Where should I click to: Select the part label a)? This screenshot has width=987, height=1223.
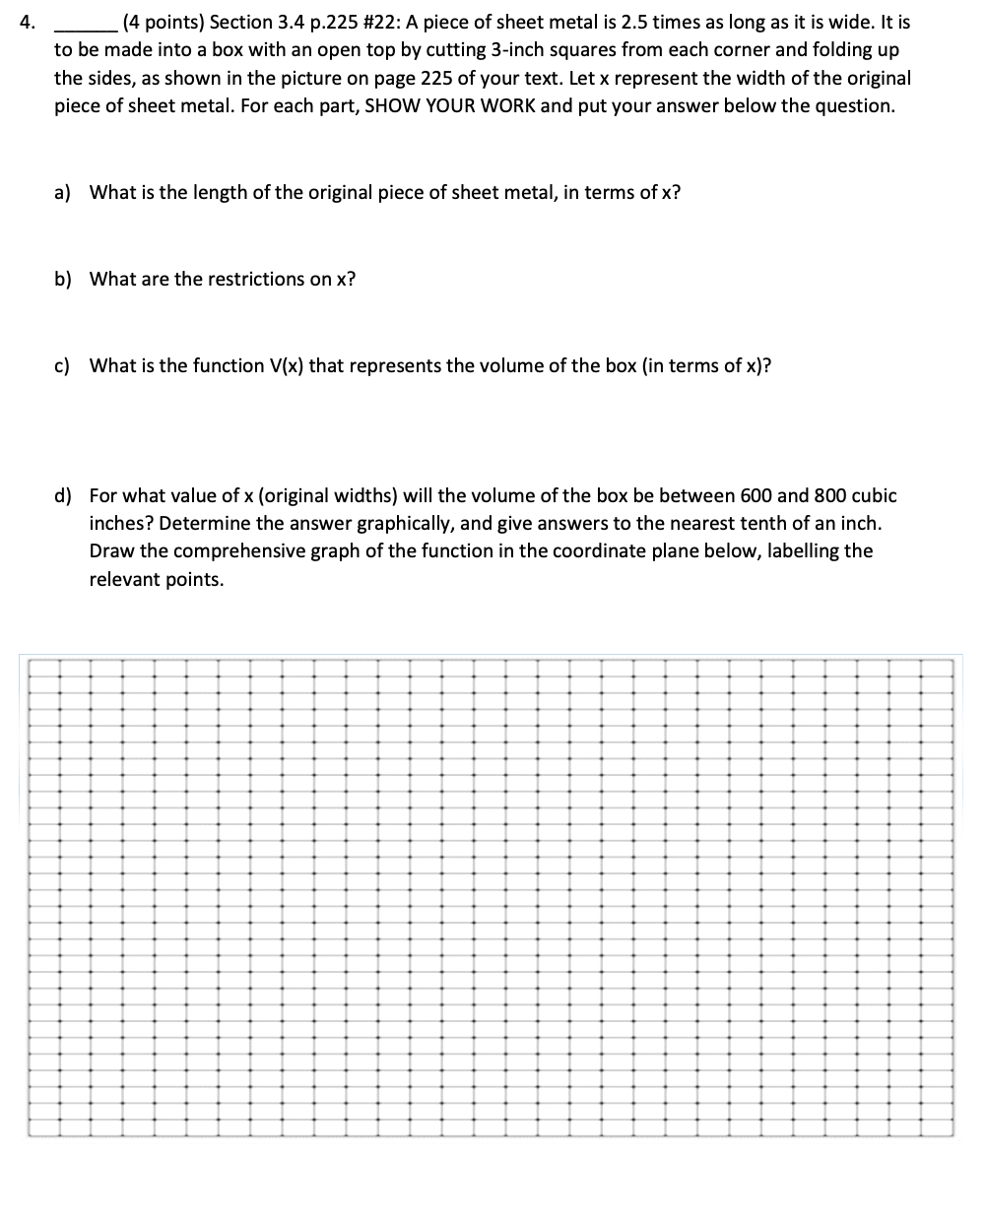click(62, 192)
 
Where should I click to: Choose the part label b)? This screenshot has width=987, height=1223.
click(63, 279)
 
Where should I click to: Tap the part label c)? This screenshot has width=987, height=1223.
click(62, 365)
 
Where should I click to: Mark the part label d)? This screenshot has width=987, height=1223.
click(63, 495)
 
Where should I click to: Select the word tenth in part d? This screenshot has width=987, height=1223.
click(741, 523)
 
